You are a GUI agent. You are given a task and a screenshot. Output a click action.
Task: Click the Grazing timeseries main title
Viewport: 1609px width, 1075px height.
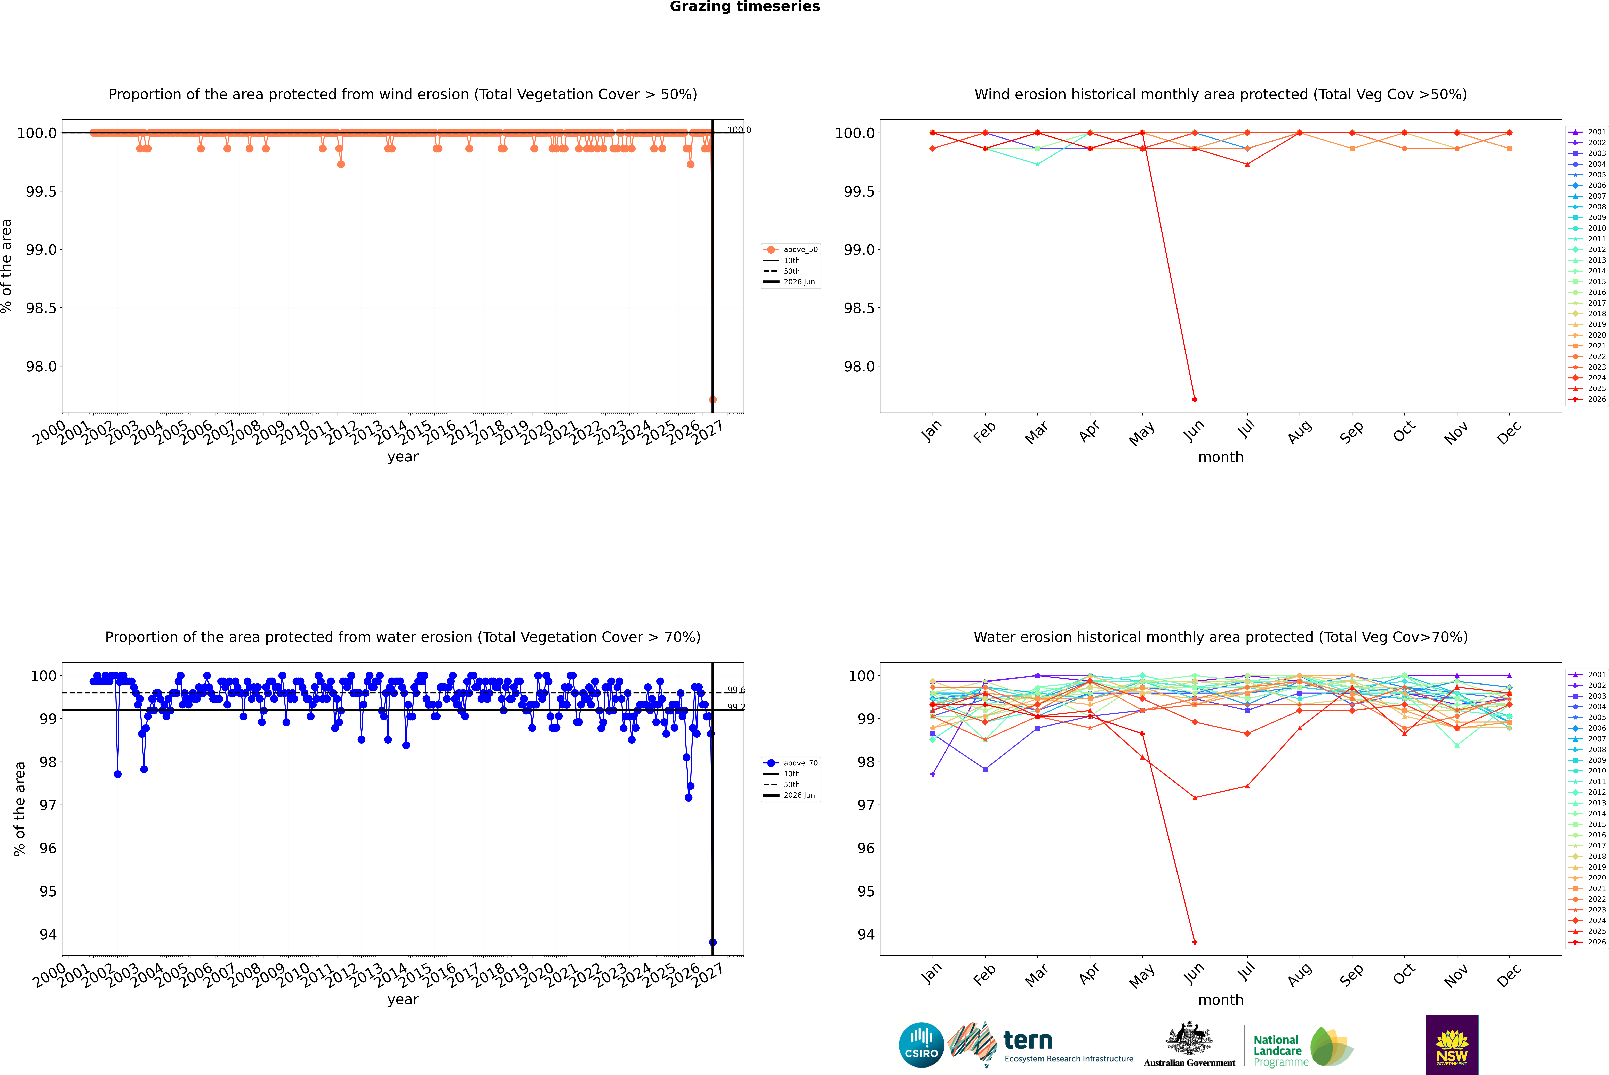[x=745, y=7]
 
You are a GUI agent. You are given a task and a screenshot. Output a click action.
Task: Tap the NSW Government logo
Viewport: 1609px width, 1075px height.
[x=1452, y=1045]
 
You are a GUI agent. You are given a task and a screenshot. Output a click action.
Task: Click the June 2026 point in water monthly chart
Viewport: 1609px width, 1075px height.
[x=1195, y=942]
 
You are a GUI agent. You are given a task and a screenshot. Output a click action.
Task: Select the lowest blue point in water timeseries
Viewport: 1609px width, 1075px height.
[x=713, y=942]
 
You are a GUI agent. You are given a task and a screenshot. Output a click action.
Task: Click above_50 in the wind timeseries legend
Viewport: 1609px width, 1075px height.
[x=800, y=250]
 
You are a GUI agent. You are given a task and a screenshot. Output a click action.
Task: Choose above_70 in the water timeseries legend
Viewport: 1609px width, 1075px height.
[x=800, y=763]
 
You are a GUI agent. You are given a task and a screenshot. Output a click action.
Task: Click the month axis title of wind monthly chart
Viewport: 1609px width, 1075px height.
[x=1221, y=457]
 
